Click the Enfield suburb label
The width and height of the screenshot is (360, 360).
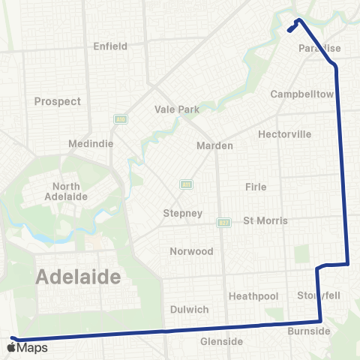109,46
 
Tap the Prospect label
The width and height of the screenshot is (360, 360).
58,101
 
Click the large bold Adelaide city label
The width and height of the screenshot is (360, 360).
78,277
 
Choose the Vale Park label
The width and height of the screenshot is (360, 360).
177,109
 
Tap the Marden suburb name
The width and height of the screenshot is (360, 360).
215,145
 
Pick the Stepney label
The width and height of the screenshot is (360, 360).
183,213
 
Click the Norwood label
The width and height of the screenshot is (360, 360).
191,251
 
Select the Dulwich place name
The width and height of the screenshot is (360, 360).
189,309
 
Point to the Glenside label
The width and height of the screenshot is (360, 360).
221,341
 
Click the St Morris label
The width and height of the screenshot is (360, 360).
265,221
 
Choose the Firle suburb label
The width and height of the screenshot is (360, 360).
256,186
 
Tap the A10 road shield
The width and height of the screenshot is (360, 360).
119,118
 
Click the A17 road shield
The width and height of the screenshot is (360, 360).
223,222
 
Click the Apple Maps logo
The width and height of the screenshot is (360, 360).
28,348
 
